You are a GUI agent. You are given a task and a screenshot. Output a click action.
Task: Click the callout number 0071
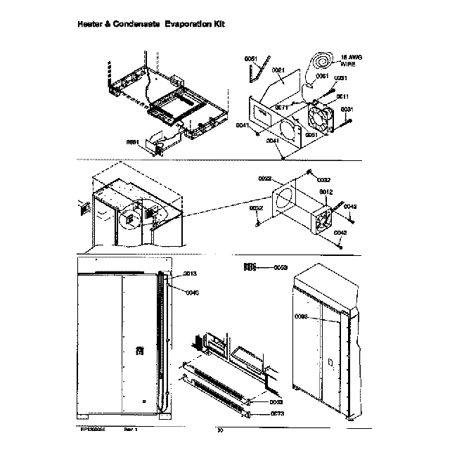click(x=281, y=107)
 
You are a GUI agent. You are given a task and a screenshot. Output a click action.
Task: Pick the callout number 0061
click(x=322, y=76)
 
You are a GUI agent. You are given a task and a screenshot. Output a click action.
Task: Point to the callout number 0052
click(x=256, y=208)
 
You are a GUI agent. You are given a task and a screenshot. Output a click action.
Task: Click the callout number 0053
click(x=281, y=267)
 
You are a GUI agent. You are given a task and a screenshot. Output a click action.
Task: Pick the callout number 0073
click(x=276, y=414)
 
